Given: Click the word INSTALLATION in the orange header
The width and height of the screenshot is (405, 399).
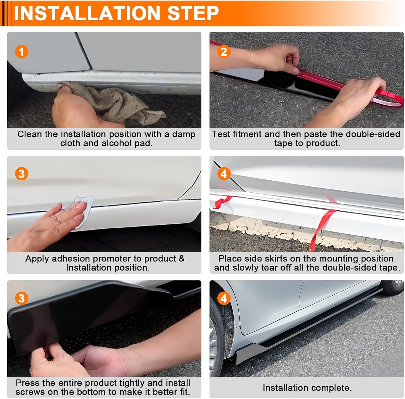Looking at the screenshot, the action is [87, 13].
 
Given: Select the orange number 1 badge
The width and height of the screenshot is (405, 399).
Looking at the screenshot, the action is [22, 52].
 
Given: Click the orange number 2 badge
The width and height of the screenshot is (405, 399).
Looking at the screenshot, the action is [224, 52].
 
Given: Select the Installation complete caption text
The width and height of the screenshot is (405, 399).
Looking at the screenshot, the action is [307, 388].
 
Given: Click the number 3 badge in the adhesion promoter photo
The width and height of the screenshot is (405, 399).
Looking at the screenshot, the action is [22, 174].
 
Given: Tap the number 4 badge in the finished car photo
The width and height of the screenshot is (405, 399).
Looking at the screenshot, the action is [224, 298].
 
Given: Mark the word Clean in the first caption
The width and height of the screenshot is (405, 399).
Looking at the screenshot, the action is [30, 134].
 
